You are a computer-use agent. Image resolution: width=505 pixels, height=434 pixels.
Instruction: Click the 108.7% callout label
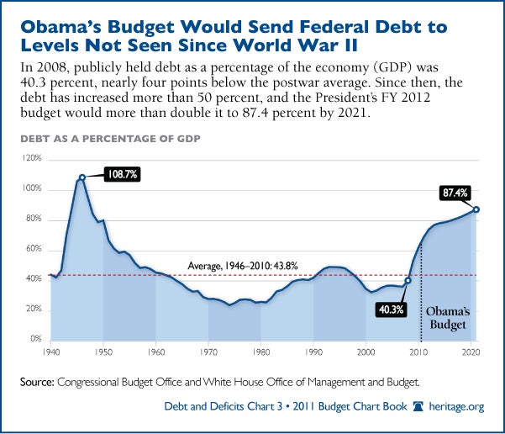tap(122, 175)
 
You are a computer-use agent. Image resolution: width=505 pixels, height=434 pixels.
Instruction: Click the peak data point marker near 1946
tap(82, 177)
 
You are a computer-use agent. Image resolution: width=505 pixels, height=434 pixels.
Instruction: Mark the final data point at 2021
tap(476, 209)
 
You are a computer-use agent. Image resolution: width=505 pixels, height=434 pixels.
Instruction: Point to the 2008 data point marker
tap(408, 281)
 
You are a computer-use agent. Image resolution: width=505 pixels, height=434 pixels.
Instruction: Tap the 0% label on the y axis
tap(33, 340)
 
